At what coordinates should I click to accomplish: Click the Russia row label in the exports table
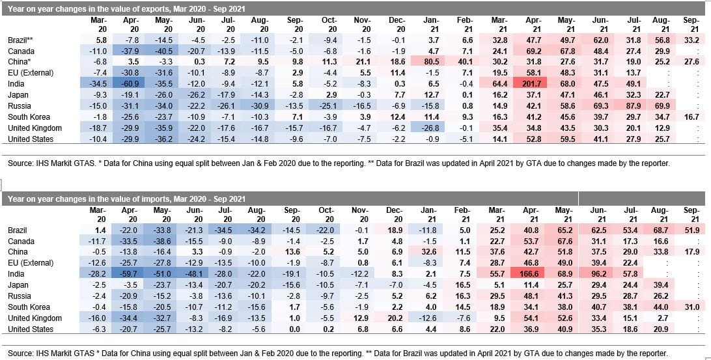[20, 106]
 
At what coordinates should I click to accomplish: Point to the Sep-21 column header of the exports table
[691, 24]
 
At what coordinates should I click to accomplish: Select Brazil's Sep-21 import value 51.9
[691, 230]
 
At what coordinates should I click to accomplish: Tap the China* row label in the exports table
[20, 62]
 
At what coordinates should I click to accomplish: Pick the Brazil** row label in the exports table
[21, 40]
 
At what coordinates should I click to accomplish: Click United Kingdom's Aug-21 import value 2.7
[663, 318]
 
